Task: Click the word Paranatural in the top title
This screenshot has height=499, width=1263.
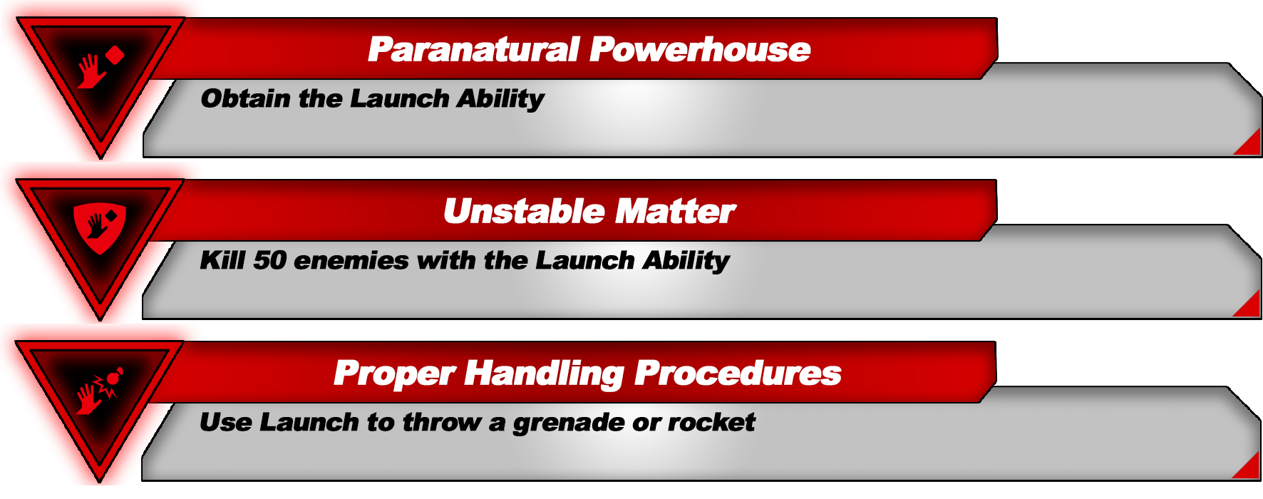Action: pos(473,50)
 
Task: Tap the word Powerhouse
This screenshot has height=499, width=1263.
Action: pos(700,50)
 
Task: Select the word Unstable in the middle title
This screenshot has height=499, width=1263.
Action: pos(524,212)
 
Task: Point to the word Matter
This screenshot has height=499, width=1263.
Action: pos(676,212)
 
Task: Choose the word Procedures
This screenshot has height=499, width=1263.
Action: pos(738,374)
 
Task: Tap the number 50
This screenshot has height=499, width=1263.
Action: pos(269,260)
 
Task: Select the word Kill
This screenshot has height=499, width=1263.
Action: pos(223,260)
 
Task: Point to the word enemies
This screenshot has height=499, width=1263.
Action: pos(351,261)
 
